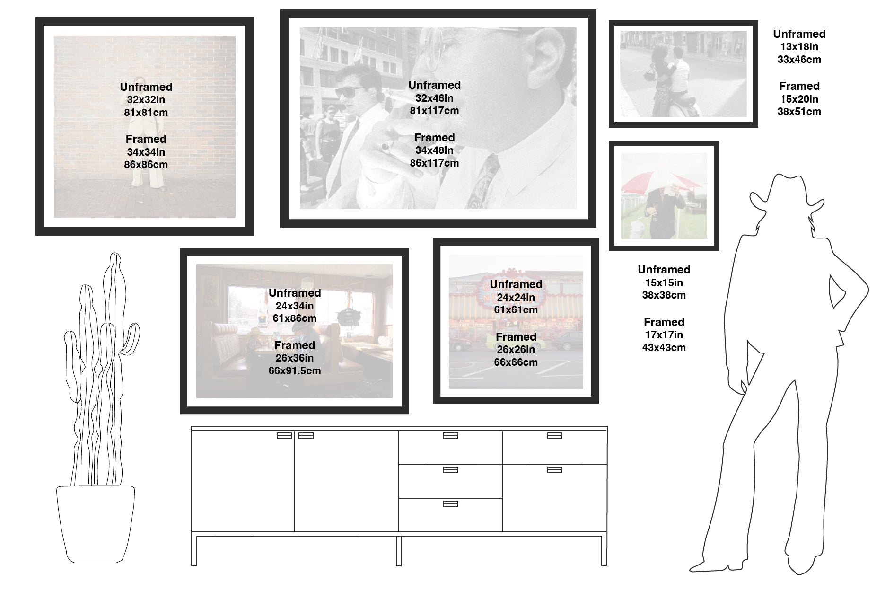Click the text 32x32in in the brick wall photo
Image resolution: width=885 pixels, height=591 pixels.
tap(146, 100)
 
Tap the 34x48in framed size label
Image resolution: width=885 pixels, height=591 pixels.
tap(434, 150)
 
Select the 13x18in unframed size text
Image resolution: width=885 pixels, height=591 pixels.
tap(799, 47)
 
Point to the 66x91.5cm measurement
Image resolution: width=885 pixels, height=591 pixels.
tap(294, 371)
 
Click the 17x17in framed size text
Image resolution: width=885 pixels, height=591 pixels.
tap(664, 335)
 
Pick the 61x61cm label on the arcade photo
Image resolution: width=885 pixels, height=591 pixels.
tap(516, 310)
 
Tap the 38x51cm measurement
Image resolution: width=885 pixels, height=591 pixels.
tap(799, 112)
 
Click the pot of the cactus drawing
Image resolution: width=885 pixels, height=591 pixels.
tap(95, 524)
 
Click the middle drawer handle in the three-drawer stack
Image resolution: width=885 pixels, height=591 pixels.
tap(450, 470)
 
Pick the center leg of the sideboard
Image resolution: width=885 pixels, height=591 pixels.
tap(399, 551)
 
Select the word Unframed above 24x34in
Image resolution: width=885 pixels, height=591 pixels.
tap(294, 293)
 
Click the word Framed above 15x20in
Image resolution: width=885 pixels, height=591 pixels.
tap(799, 86)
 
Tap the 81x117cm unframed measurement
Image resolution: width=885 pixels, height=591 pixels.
tap(434, 111)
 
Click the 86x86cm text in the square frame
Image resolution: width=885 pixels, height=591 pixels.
tap(146, 165)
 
